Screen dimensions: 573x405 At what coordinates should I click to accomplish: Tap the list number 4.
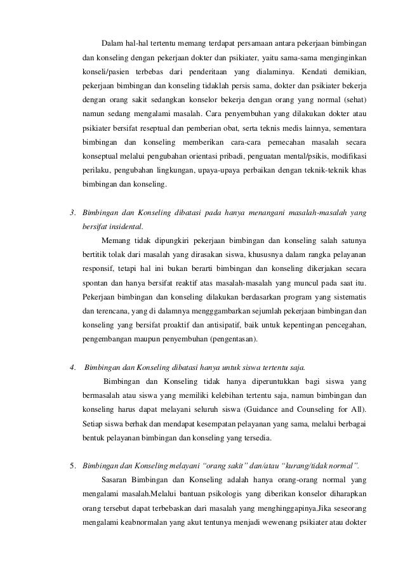pos(72,367)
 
